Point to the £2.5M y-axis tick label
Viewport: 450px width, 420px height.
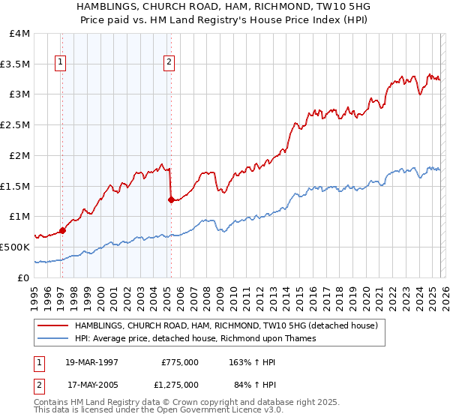tap(16, 125)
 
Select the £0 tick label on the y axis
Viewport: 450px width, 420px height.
tap(24, 277)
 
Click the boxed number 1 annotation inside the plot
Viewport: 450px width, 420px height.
tap(60, 63)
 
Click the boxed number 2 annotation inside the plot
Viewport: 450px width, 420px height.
tap(169, 63)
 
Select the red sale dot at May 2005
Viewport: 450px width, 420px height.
tap(171, 200)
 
